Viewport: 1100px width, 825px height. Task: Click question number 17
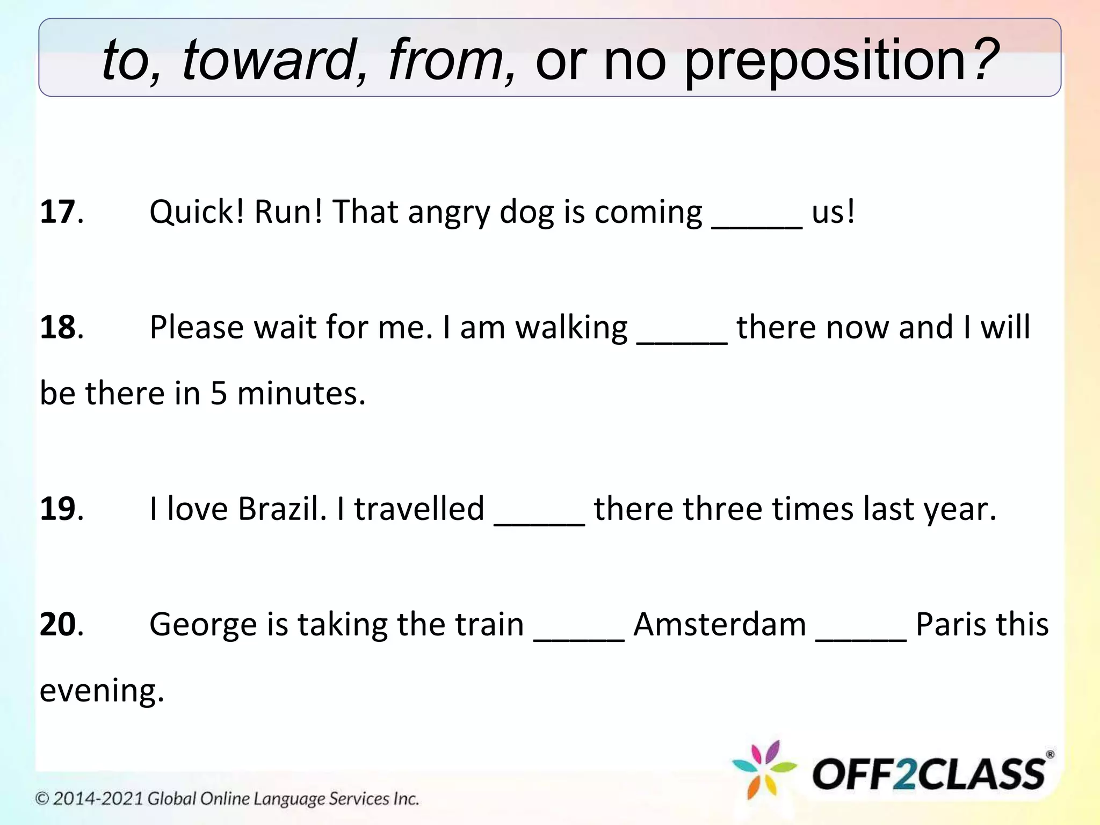(x=58, y=212)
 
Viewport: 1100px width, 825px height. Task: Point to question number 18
(x=58, y=328)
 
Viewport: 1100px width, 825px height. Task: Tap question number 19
(x=58, y=509)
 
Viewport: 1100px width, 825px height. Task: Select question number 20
(x=58, y=625)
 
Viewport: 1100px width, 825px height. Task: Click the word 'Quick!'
(x=197, y=212)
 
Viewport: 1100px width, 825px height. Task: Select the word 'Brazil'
(x=282, y=509)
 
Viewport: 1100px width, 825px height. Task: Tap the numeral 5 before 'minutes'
(x=219, y=394)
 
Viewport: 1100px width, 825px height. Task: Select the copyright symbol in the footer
(x=42, y=799)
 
